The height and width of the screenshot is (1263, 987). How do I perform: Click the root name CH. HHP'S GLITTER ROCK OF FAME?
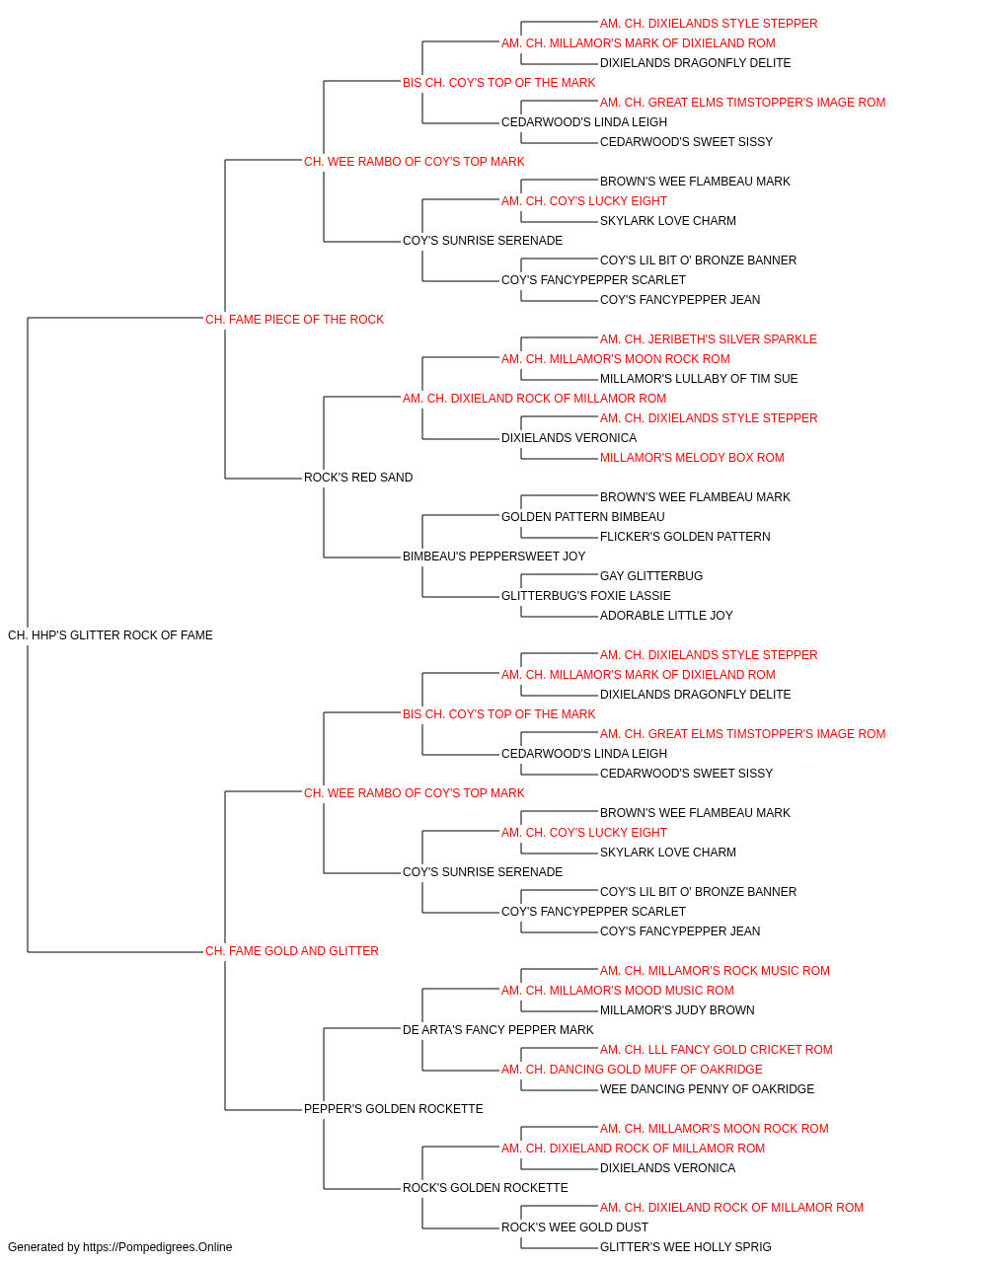111,635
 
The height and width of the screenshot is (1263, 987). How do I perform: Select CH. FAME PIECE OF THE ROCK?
294,320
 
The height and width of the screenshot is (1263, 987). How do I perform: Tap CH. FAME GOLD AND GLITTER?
292,951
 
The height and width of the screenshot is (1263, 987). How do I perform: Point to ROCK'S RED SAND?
358,478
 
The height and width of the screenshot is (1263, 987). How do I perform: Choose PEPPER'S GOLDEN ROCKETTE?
394,1109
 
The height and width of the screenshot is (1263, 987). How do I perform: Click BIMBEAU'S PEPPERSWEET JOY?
494,557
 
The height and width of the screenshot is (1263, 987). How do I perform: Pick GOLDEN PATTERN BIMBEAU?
583,517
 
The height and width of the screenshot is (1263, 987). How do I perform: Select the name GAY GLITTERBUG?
651,576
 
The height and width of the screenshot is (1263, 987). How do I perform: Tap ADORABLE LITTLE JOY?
666,616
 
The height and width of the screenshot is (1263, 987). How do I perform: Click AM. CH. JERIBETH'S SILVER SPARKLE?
709,339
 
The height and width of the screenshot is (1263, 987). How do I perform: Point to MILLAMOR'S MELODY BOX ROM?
692,458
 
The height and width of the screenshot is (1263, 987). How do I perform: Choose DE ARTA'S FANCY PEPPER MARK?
498,1030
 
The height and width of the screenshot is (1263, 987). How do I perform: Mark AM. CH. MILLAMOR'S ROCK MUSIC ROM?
715,971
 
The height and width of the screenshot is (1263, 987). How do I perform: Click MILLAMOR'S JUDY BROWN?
677,1010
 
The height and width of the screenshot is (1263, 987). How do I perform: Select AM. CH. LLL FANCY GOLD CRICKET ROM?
717,1050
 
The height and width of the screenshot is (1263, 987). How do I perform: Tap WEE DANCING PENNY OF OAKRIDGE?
707,1089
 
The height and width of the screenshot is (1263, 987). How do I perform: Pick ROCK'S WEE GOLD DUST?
574,1226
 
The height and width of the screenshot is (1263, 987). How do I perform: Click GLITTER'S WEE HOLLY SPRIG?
686,1247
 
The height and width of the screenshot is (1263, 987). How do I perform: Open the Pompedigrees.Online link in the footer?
158,1247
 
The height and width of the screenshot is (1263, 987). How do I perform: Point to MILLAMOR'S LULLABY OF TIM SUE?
699,379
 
